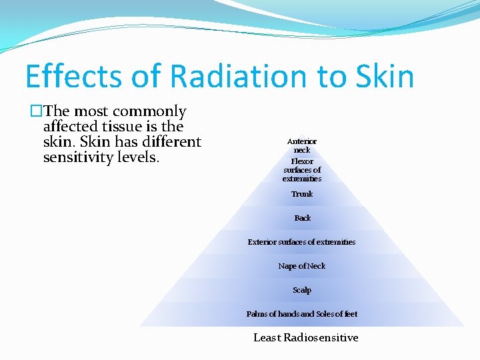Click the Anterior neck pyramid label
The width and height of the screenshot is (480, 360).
(302, 145)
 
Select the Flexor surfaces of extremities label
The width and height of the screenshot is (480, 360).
(302, 170)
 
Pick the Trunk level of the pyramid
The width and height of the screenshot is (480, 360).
(302, 194)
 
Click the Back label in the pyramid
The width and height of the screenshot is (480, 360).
(302, 218)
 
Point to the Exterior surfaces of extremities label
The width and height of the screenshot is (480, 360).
(302, 242)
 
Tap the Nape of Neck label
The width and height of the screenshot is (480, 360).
(302, 266)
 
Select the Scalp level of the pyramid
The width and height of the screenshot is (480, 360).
(302, 290)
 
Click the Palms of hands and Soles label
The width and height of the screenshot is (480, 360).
(302, 314)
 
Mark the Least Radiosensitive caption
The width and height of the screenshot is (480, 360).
(306, 337)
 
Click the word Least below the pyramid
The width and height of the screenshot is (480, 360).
(267, 337)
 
